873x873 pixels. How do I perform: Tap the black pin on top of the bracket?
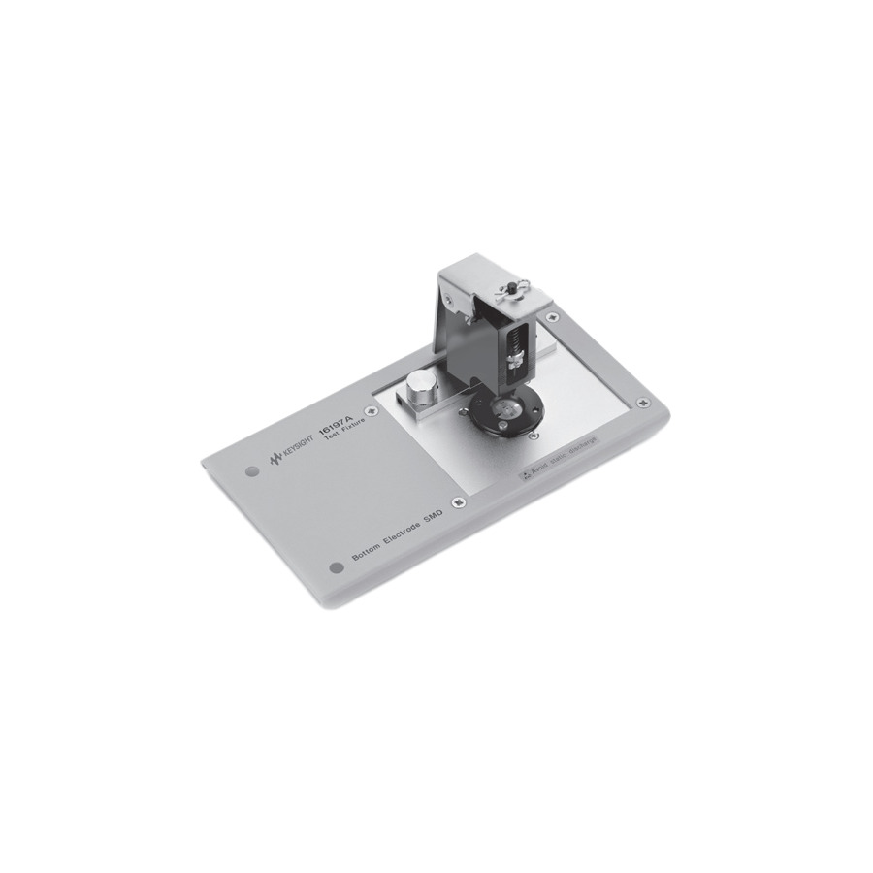506,286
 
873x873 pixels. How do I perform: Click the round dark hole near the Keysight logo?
252,471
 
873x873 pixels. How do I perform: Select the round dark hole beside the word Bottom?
337,567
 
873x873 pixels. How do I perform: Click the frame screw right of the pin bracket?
552,316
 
